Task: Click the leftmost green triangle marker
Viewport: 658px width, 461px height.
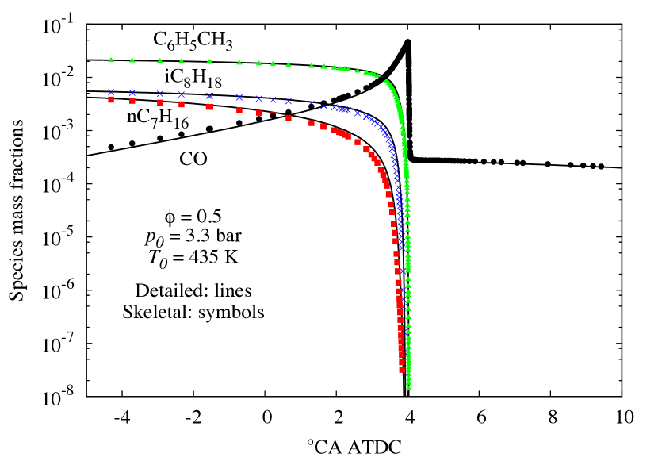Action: (111, 60)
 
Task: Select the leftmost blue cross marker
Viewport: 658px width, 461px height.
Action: (111, 93)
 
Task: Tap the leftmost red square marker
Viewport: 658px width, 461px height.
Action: (111, 100)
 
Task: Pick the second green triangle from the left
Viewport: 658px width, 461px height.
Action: (132, 60)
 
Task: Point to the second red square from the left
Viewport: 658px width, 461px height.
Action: (132, 101)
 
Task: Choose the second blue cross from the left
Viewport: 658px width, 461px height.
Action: (132, 93)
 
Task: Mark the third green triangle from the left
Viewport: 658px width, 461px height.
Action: (160, 60)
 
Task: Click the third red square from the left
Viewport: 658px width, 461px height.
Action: (160, 102)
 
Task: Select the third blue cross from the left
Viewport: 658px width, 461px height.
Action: (160, 94)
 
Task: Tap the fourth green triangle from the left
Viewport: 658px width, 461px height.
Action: (182, 60)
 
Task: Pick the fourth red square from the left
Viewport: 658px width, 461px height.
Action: (182, 104)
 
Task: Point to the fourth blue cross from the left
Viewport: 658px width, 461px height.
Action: (182, 94)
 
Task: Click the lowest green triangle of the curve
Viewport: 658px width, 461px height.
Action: (409, 388)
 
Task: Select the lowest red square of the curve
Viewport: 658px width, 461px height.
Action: (403, 370)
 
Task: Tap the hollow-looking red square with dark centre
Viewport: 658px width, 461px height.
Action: (273, 115)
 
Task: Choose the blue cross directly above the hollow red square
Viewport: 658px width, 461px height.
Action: (273, 100)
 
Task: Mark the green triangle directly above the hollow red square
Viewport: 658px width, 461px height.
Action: (273, 63)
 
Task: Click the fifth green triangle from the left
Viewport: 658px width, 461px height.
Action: (209, 61)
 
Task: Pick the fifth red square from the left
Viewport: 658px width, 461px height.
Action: (209, 106)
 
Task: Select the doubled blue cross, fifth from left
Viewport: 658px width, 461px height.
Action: (210, 95)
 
